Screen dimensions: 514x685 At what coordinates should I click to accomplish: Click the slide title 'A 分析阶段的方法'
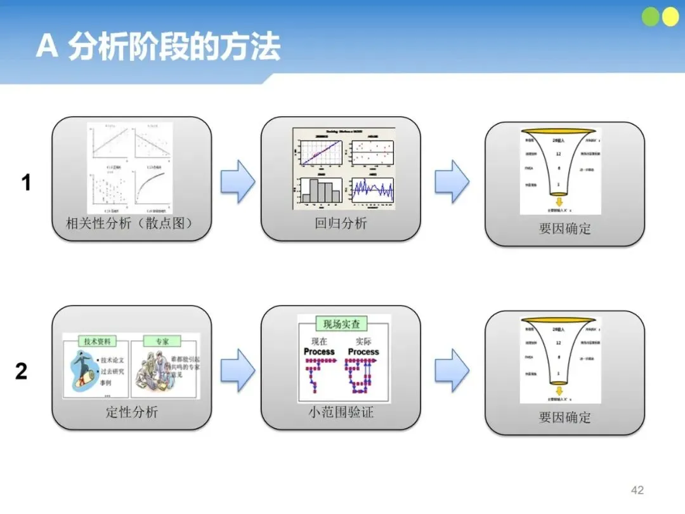pos(158,47)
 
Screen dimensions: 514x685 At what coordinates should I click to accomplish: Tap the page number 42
pos(637,490)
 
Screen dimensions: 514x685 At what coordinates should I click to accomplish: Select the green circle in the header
pos(651,17)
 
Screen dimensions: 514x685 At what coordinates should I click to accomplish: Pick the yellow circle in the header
pos(670,17)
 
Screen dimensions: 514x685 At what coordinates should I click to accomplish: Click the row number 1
pos(26,183)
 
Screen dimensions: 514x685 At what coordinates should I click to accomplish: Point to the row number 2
pos(22,371)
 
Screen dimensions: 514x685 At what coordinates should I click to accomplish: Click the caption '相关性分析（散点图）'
pos(129,223)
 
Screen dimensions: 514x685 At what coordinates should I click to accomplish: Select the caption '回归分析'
pos(341,223)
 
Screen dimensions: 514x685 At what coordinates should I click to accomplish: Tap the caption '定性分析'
pos(131,412)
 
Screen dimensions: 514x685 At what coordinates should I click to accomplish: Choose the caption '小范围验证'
pos(341,412)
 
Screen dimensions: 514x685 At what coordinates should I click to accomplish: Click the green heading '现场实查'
pos(341,324)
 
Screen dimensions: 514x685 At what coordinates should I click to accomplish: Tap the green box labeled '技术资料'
pos(96,341)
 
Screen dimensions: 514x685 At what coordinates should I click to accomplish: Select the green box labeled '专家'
pos(162,341)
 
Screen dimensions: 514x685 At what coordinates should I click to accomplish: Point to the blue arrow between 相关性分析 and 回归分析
pos(237,181)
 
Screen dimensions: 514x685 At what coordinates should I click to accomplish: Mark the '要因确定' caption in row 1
pos(564,229)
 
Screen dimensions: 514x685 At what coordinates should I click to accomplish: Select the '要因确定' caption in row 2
pos(564,418)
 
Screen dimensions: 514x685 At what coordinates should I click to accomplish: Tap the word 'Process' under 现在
pos(319,352)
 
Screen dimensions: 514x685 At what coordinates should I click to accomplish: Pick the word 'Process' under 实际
pos(363,352)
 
